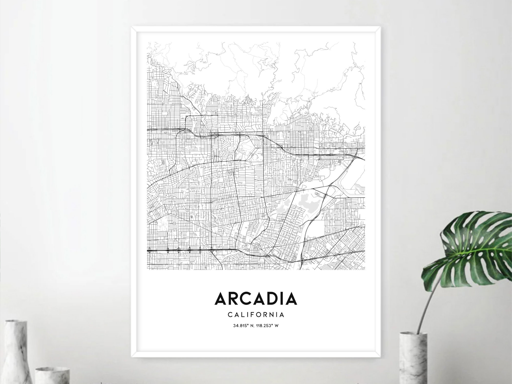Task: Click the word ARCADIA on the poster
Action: pyautogui.click(x=256, y=299)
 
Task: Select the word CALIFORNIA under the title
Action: pyautogui.click(x=256, y=315)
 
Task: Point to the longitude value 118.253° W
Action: pyautogui.click(x=268, y=326)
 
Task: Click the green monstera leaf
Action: pyautogui.click(x=474, y=246)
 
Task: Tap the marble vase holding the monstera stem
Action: pyautogui.click(x=413, y=359)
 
